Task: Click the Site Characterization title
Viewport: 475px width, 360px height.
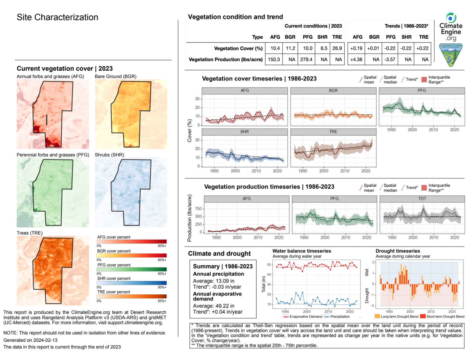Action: [57, 17]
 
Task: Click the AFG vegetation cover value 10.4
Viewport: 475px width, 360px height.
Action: [275, 48]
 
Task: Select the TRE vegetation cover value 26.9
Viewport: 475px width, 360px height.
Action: [337, 48]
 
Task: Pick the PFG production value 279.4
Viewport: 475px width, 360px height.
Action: [306, 59]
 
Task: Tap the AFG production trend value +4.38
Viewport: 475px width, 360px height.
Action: [356, 59]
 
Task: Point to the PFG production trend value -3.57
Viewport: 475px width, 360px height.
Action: [390, 59]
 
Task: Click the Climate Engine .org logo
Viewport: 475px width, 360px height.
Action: [451, 27]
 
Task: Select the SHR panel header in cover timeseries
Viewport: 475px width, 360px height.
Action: [245, 132]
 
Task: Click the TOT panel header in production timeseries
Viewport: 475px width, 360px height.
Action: [422, 199]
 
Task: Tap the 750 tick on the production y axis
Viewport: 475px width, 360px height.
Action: [198, 209]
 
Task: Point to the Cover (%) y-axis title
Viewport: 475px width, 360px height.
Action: [190, 131]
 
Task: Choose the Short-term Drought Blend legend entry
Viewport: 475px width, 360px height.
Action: [445, 317]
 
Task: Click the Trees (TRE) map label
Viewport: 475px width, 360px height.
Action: [30, 233]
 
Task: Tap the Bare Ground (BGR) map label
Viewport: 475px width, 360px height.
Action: [115, 76]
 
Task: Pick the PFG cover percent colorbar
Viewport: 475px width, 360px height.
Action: [131, 269]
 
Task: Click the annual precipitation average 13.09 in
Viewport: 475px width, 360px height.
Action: [214, 281]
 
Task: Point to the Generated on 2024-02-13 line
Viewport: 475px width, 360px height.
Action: [30, 340]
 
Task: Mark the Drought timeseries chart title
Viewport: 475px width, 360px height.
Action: [398, 251]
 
